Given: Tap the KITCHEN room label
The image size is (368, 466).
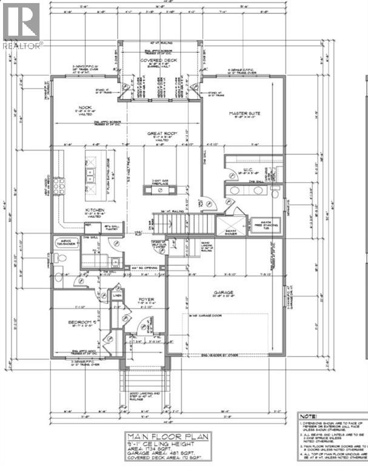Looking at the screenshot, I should tap(96, 211).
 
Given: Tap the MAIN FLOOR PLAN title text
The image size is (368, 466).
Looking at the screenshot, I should tap(164, 436).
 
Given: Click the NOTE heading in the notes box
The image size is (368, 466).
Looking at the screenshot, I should tap(309, 416).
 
